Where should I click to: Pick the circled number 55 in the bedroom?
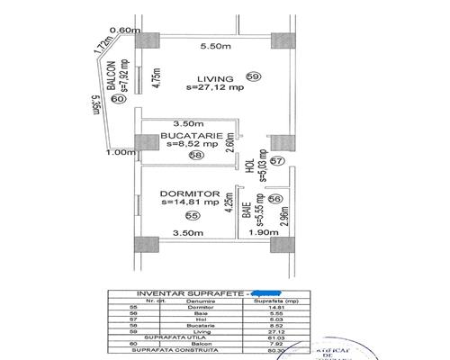(x=191, y=217)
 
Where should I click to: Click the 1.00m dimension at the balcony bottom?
(x=118, y=153)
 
